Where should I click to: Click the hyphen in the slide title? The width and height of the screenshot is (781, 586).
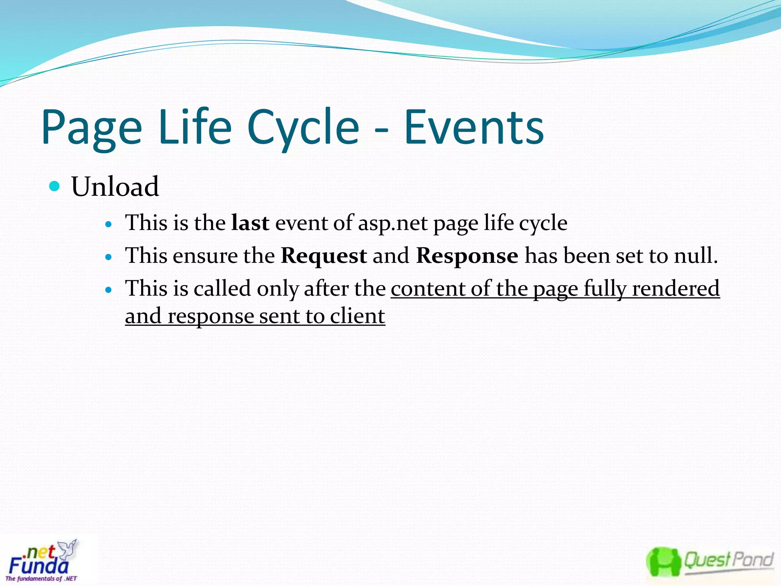(381, 131)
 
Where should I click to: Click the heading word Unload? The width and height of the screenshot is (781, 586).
(115, 187)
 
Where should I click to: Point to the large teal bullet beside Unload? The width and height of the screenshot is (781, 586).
(55, 186)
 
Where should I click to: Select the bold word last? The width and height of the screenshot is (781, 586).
(250, 223)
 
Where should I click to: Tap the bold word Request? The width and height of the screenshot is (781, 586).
(324, 256)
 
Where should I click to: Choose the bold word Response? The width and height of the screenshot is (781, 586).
(467, 256)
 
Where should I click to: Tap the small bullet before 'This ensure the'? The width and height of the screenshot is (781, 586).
(109, 257)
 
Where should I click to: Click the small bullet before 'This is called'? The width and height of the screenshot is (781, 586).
(109, 290)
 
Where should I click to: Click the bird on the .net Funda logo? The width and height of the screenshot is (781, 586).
(69, 548)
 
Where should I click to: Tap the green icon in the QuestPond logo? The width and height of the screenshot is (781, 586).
(663, 562)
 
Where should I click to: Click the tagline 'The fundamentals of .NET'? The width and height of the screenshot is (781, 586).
(41, 579)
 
